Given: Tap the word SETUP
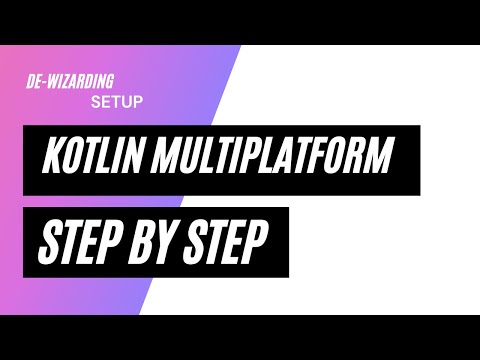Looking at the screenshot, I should (x=117, y=101).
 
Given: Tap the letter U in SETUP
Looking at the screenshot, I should (x=129, y=101).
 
